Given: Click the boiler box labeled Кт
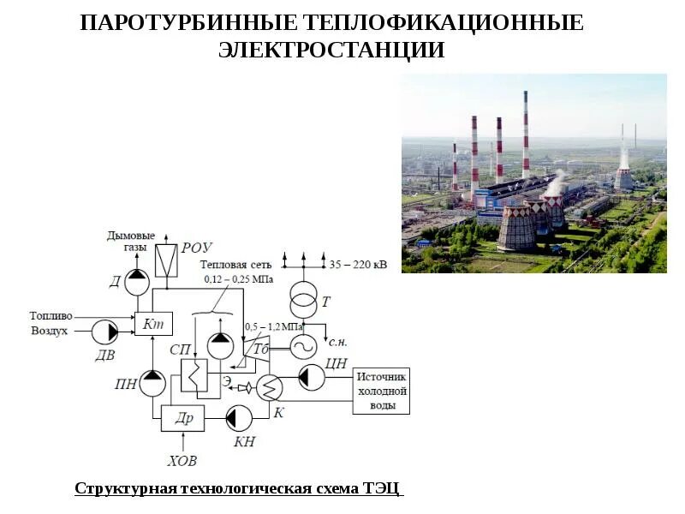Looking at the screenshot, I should pos(154,322).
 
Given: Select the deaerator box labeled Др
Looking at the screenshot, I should pos(182,418).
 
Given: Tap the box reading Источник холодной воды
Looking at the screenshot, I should pos(381,391).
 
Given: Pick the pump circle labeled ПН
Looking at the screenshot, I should pos(152,382).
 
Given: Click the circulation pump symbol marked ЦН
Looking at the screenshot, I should pos(312,376).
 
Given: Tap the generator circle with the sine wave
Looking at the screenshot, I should pos(303,346).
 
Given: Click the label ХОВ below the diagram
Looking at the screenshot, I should pos(182,461).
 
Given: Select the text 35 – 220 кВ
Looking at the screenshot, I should pos(358,265).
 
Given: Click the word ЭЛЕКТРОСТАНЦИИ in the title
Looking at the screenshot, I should pos(331,50).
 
